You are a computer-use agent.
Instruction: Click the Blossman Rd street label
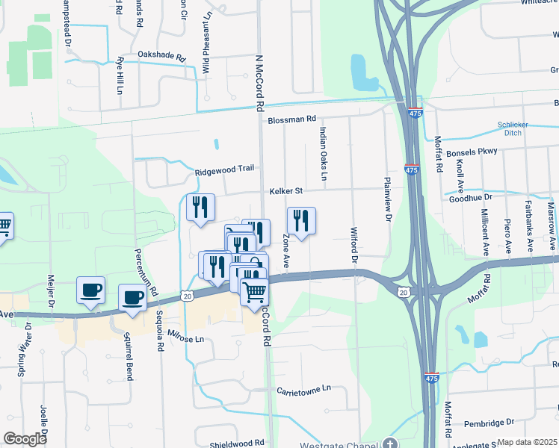click(x=292, y=119)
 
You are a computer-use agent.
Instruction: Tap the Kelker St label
click(x=286, y=191)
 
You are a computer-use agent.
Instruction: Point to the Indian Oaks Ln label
click(x=323, y=154)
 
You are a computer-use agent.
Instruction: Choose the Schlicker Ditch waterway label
click(x=514, y=128)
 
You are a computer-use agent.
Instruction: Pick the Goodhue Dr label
click(x=471, y=198)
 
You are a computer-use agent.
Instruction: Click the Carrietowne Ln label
click(x=303, y=390)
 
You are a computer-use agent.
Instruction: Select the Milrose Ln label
click(x=185, y=338)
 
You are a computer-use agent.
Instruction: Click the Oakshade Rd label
click(x=161, y=55)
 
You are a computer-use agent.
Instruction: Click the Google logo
click(x=25, y=438)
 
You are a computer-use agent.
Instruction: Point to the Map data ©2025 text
click(x=527, y=442)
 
